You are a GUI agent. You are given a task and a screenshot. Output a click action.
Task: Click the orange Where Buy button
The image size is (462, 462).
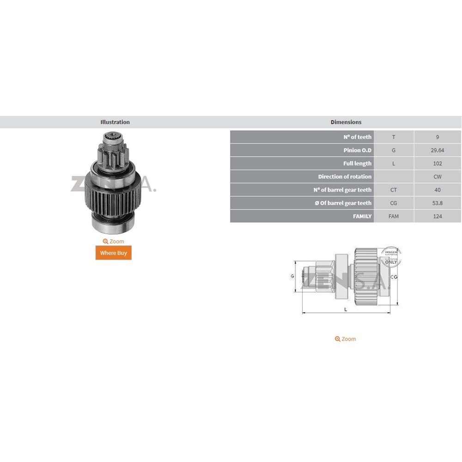114,253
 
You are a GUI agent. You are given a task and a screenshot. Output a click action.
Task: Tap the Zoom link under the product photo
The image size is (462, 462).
114,241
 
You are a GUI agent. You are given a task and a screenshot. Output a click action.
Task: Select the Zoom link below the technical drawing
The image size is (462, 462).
346,339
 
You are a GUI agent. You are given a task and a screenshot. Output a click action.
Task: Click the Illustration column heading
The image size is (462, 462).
115,122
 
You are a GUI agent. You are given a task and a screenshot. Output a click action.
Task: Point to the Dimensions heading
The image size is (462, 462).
346,122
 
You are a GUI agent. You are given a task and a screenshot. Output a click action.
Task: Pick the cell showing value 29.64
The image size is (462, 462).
437,150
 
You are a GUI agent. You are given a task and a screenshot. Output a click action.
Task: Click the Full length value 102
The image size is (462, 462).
437,163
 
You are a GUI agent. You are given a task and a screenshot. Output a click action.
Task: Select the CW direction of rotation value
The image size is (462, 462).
437,176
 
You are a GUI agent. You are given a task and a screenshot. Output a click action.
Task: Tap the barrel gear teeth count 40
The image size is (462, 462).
437,190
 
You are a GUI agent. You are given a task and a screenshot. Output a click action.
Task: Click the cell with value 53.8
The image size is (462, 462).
437,203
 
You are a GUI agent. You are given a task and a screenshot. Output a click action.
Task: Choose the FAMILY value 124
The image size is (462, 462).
437,216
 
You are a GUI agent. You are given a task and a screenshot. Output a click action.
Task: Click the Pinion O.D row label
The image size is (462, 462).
358,150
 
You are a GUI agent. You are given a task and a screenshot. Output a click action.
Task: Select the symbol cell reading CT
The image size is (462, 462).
394,190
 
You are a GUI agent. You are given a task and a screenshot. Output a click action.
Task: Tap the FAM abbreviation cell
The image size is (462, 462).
394,216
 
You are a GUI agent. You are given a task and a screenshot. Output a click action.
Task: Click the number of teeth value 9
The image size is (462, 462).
437,137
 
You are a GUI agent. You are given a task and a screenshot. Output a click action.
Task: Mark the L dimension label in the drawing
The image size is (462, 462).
346,309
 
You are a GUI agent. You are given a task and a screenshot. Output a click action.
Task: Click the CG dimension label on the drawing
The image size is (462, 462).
394,277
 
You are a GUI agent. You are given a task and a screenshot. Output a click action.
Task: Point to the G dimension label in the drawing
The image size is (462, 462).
292,276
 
